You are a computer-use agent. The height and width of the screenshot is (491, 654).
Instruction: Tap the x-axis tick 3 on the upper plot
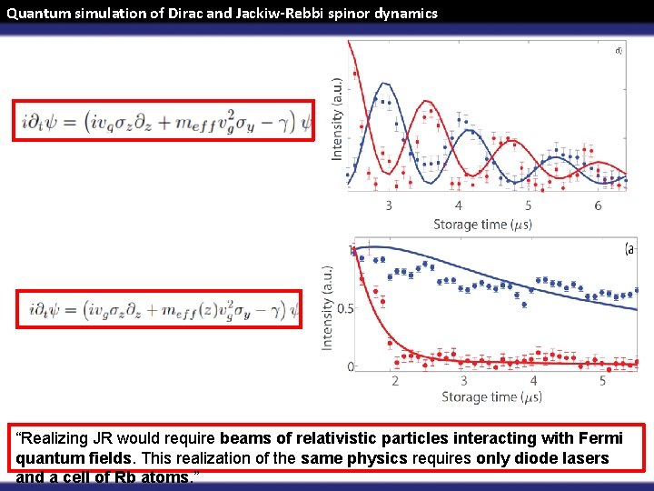point(389,205)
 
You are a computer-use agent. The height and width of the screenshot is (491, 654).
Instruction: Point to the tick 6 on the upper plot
point(598,205)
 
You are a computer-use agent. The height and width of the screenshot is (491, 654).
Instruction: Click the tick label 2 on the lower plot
point(395,381)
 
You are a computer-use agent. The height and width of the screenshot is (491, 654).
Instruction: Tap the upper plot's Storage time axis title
point(481,224)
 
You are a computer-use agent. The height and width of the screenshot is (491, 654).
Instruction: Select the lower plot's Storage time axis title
point(491,397)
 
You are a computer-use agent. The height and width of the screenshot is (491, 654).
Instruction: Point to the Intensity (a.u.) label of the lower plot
point(328,307)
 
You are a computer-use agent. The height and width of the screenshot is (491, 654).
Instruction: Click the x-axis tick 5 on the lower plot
point(602,381)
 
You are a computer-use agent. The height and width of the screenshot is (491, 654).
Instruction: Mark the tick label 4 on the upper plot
point(459,205)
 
